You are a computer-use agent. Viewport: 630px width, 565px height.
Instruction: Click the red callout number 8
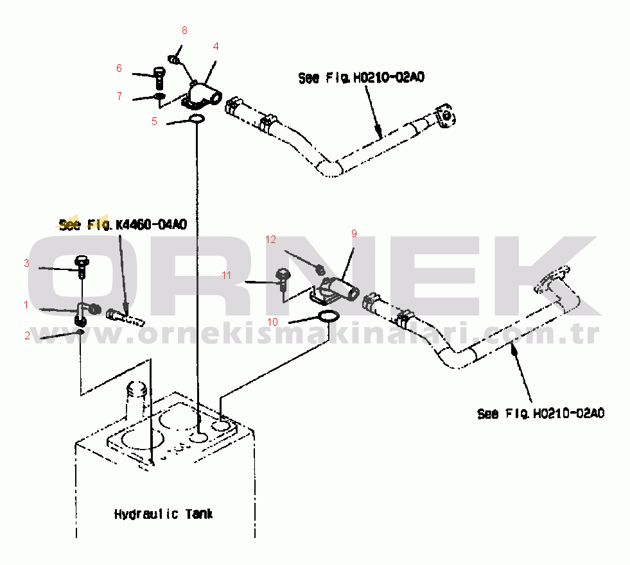click(184, 31)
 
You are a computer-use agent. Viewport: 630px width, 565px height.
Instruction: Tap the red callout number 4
click(216, 47)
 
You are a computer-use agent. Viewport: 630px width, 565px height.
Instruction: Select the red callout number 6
click(119, 68)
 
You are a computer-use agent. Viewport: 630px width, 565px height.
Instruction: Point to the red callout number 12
click(271, 240)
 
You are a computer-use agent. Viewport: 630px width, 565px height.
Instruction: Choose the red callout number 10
click(272, 322)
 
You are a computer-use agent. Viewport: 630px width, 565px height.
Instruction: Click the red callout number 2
click(28, 335)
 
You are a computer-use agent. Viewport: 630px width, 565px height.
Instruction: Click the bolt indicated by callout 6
click(159, 78)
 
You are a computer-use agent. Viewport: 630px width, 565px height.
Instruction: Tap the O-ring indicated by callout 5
click(197, 119)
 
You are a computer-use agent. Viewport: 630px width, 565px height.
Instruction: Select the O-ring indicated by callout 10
click(329, 316)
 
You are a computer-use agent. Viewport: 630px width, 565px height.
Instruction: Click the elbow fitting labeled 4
click(202, 96)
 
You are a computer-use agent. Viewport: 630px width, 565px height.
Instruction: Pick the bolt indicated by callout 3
click(82, 266)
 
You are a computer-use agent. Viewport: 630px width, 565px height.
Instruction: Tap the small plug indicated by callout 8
click(174, 60)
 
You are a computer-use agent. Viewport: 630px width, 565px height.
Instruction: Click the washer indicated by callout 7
click(159, 96)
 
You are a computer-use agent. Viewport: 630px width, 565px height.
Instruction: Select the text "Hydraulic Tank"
click(164, 514)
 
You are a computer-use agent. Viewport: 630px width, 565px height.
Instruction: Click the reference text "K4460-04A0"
click(152, 224)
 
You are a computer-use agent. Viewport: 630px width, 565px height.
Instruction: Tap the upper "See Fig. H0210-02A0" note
click(361, 78)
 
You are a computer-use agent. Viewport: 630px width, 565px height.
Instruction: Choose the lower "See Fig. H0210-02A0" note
click(540, 413)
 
